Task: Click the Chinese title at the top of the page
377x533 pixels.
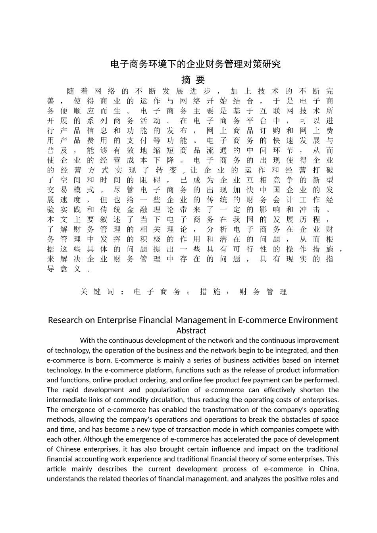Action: [x=195, y=64]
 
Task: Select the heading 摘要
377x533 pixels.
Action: [x=193, y=80]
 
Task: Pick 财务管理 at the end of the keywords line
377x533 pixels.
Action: [x=263, y=292]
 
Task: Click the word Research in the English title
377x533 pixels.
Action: [x=65, y=320]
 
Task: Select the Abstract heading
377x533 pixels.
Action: [x=191, y=331]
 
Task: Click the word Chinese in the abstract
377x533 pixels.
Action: [x=69, y=449]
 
